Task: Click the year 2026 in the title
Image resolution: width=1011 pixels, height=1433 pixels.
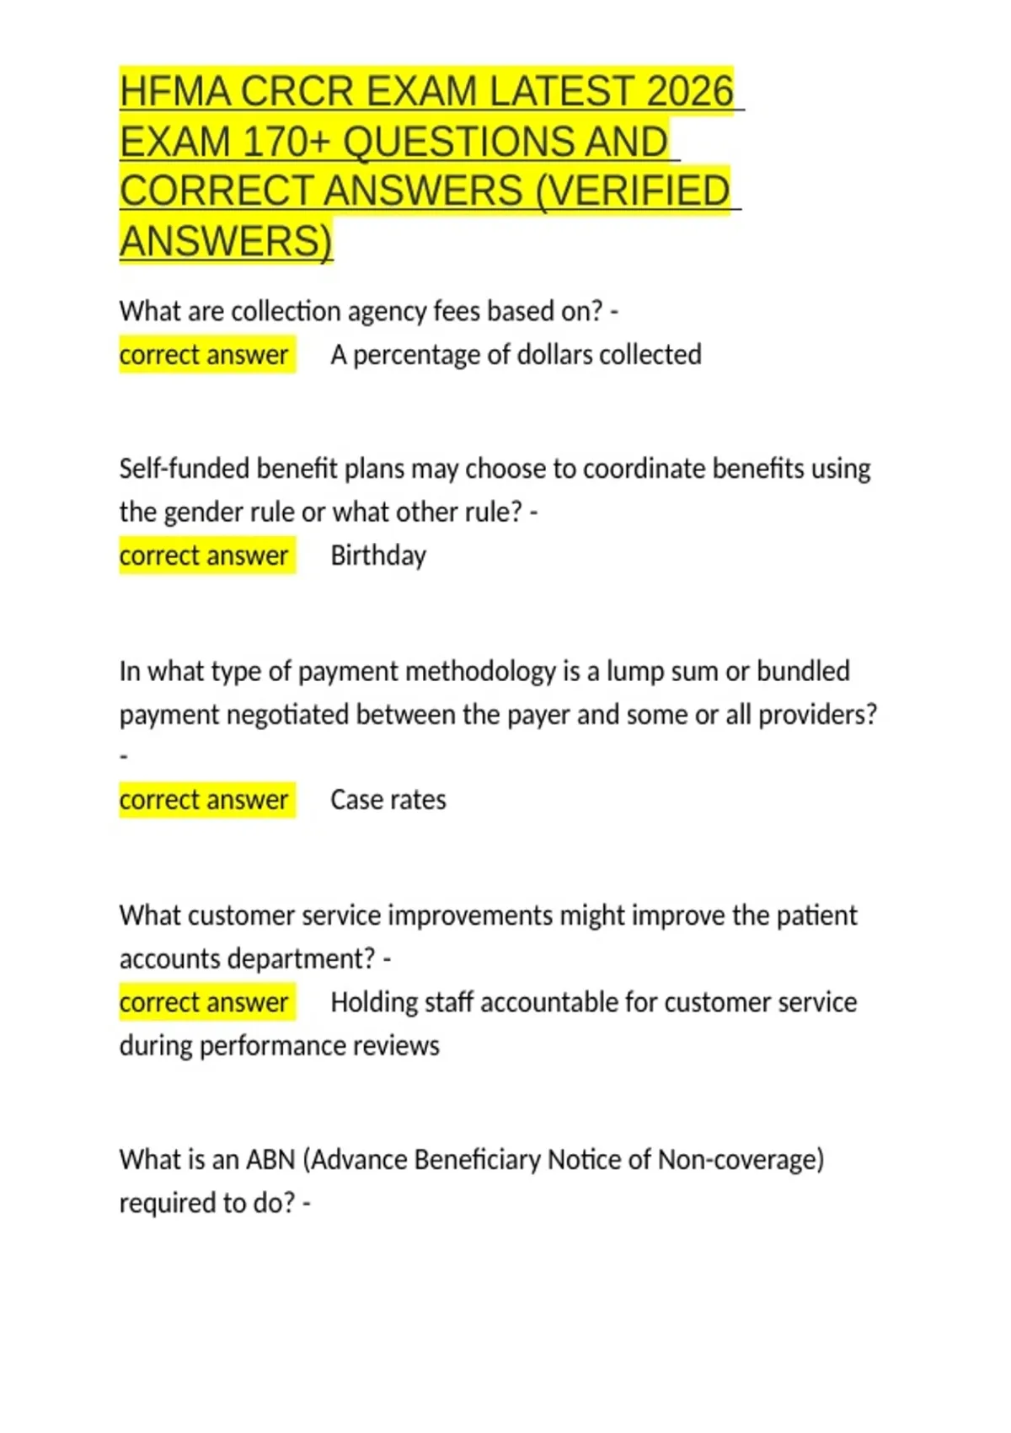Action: [x=689, y=91]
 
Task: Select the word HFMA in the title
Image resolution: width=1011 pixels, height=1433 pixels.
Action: [x=174, y=91]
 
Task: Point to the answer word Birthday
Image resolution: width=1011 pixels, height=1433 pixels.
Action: [x=378, y=556]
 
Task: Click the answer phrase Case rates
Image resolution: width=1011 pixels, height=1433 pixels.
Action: [x=388, y=800]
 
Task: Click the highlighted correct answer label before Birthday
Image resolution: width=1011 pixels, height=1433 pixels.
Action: [x=205, y=556]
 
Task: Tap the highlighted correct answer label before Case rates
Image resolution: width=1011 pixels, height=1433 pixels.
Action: [x=205, y=800]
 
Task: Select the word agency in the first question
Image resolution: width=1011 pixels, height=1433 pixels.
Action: [x=387, y=312]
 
